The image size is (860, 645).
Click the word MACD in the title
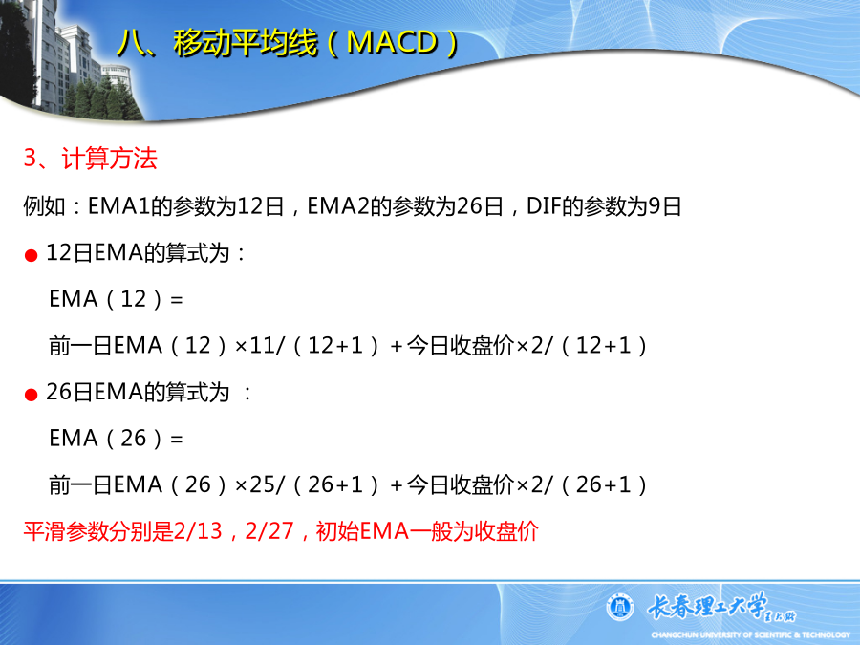click(392, 42)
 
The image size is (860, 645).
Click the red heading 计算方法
click(109, 159)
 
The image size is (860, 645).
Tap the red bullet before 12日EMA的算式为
click(32, 255)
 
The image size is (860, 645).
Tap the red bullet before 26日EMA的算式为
click(32, 395)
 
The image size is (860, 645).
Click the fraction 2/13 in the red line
click(198, 531)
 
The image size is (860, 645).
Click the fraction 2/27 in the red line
click(269, 531)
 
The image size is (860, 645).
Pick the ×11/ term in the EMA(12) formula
click(260, 346)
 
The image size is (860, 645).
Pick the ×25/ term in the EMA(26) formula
click(260, 484)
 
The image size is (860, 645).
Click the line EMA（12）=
click(116, 299)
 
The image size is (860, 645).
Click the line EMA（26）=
click(116, 439)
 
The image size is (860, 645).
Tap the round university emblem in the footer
click(620, 608)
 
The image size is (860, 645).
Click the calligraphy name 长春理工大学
click(707, 606)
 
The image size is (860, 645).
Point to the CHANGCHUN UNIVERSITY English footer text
click(751, 635)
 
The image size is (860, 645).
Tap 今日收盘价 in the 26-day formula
click(461, 484)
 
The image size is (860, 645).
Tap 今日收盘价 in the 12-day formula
click(461, 346)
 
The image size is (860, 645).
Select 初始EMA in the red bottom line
click(362, 531)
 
